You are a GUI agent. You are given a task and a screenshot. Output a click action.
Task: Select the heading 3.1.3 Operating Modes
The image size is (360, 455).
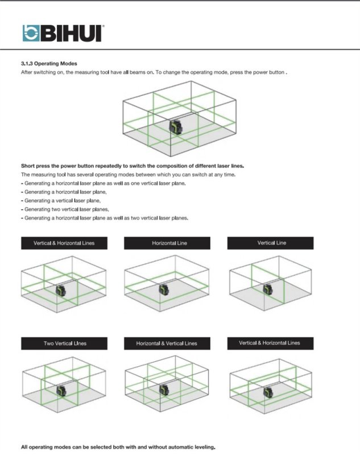(49, 64)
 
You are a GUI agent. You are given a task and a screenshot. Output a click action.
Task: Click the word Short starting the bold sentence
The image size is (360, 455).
(28, 166)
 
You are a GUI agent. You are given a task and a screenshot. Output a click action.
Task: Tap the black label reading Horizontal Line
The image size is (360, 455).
(169, 243)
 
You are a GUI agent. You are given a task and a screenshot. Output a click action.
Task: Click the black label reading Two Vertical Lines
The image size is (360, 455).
(65, 344)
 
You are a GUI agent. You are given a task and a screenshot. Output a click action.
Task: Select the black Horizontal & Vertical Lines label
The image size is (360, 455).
(167, 344)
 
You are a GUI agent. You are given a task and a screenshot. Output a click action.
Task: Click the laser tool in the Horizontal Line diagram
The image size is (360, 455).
(165, 290)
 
